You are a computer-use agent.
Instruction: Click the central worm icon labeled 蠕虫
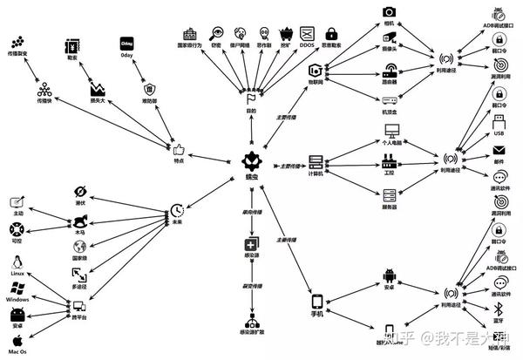[251, 160]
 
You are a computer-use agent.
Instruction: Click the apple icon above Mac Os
[17, 339]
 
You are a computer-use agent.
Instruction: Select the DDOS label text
[306, 45]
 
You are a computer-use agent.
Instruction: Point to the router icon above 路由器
[390, 70]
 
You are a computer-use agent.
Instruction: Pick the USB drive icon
[499, 121]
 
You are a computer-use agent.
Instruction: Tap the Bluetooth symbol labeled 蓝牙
[499, 310]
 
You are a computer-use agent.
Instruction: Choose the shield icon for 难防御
[149, 88]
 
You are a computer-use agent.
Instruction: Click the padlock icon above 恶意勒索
[330, 33]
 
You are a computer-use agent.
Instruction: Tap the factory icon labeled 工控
[390, 161]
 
